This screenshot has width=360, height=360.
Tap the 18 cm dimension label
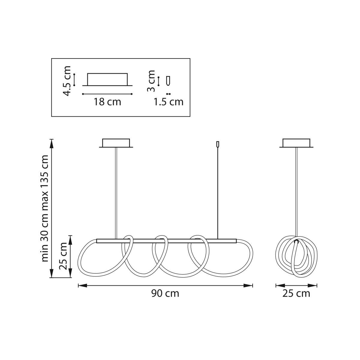[x=107, y=102]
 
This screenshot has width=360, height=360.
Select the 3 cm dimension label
[x=151, y=81]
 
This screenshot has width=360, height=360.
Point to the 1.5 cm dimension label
[x=168, y=102]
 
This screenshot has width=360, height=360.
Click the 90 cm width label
[x=165, y=293]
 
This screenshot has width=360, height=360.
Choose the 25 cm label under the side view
[x=296, y=293]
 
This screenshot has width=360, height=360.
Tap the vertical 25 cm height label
[x=63, y=256]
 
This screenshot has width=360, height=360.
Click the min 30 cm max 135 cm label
[x=45, y=208]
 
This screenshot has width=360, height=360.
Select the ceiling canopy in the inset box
[x=107, y=79]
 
